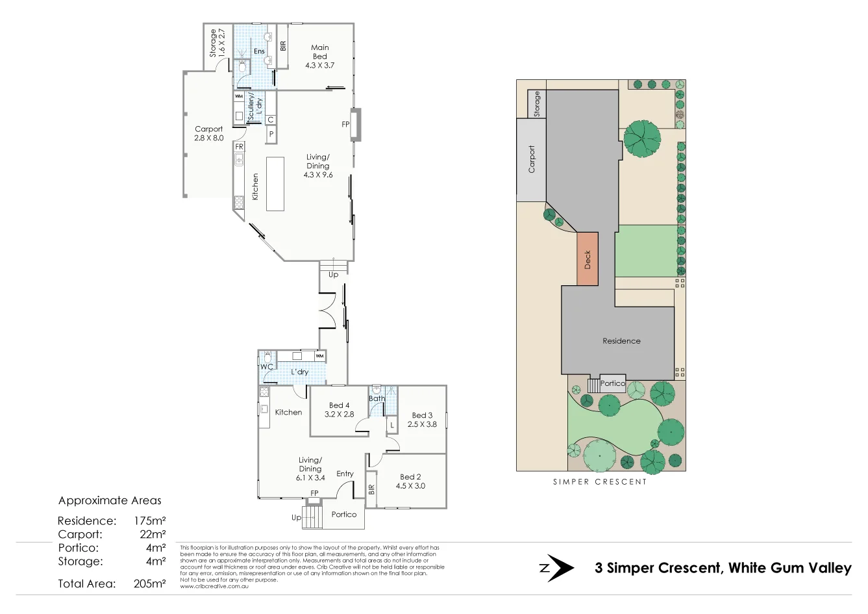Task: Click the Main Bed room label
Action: pos(319,52)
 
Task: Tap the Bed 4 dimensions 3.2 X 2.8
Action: pos(340,415)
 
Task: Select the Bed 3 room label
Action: pos(422,415)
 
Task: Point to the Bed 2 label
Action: pos(410,477)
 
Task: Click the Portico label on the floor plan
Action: pos(344,515)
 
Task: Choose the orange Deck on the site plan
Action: pos(588,259)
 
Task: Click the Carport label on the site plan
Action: pos(532,159)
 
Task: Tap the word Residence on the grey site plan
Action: pos(621,341)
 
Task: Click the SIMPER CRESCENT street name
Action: pos(599,482)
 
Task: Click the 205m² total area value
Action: pos(150,583)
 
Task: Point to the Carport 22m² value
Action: pos(153,535)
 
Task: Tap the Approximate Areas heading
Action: pos(110,501)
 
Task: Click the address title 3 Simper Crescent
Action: pos(723,568)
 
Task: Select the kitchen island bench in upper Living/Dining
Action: pos(275,183)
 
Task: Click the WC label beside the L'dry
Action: pos(266,367)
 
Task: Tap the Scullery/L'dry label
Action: pos(254,106)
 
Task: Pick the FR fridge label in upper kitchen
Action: pos(239,147)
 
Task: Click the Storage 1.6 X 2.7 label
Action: pos(217,43)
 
